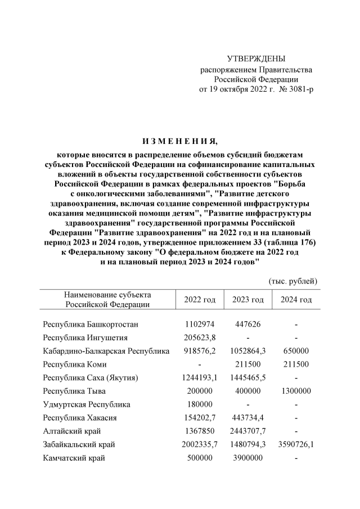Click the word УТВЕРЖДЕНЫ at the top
(x=256, y=59)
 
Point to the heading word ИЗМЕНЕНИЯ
(x=179, y=140)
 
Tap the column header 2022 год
(x=200, y=300)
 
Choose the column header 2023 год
(x=247, y=300)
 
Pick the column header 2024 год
(x=296, y=300)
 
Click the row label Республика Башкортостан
(x=90, y=325)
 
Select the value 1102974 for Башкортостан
(x=200, y=325)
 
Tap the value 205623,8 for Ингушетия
(x=200, y=338)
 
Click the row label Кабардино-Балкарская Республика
(x=106, y=351)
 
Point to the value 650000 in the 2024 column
(x=296, y=351)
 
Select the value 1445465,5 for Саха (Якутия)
(x=247, y=377)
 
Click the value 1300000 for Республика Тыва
(x=296, y=391)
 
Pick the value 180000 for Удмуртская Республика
(x=200, y=404)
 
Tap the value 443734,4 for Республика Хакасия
(x=247, y=418)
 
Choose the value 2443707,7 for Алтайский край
(x=247, y=431)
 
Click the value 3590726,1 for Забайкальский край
(x=296, y=444)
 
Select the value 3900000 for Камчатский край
(x=247, y=458)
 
